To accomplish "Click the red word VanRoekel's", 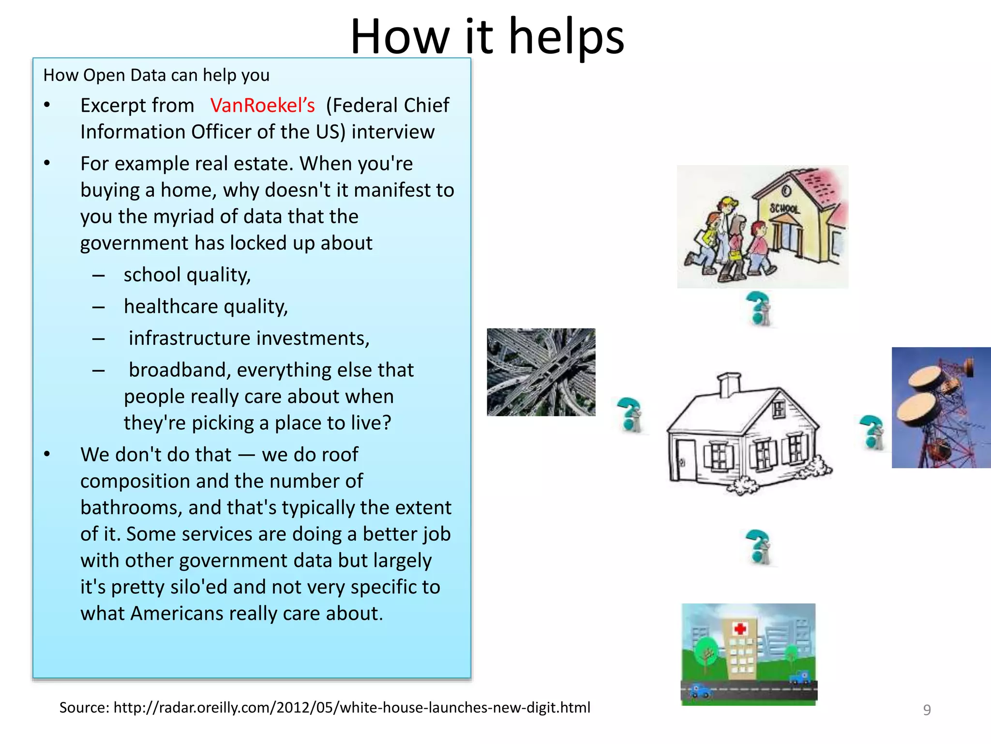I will [262, 106].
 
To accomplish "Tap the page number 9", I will [927, 710].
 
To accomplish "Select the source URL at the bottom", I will [325, 708].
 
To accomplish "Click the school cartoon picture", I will [762, 227].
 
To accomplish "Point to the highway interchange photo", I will [541, 372].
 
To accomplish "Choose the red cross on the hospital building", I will [740, 629].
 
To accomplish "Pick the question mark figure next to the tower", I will [872, 432].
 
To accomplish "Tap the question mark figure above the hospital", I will [758, 547].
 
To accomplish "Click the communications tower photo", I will [941, 407].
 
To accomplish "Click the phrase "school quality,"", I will [187, 275].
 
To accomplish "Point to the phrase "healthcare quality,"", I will [206, 307].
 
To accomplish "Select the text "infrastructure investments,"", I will [249, 338].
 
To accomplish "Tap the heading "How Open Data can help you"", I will [156, 76].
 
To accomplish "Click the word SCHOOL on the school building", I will [784, 209].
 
